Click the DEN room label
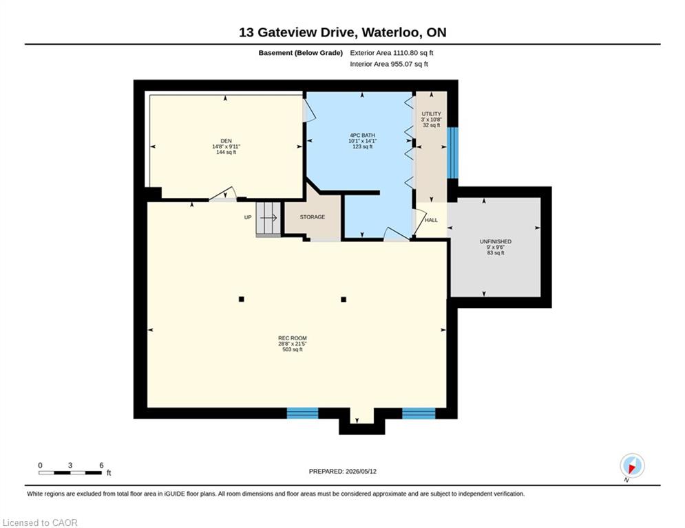[226, 141]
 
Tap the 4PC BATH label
[362, 135]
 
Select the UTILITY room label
[431, 114]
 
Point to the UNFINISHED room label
[496, 241]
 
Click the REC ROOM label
[293, 338]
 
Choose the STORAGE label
[313, 217]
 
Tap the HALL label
[431, 221]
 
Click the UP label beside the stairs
[248, 217]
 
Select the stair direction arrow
[268, 217]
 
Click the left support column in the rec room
[241, 299]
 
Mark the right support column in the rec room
[344, 299]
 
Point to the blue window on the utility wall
[452, 153]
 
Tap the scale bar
[70, 472]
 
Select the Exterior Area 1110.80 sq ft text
[392, 53]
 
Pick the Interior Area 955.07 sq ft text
[389, 64]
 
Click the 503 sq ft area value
[293, 349]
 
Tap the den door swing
[224, 194]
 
